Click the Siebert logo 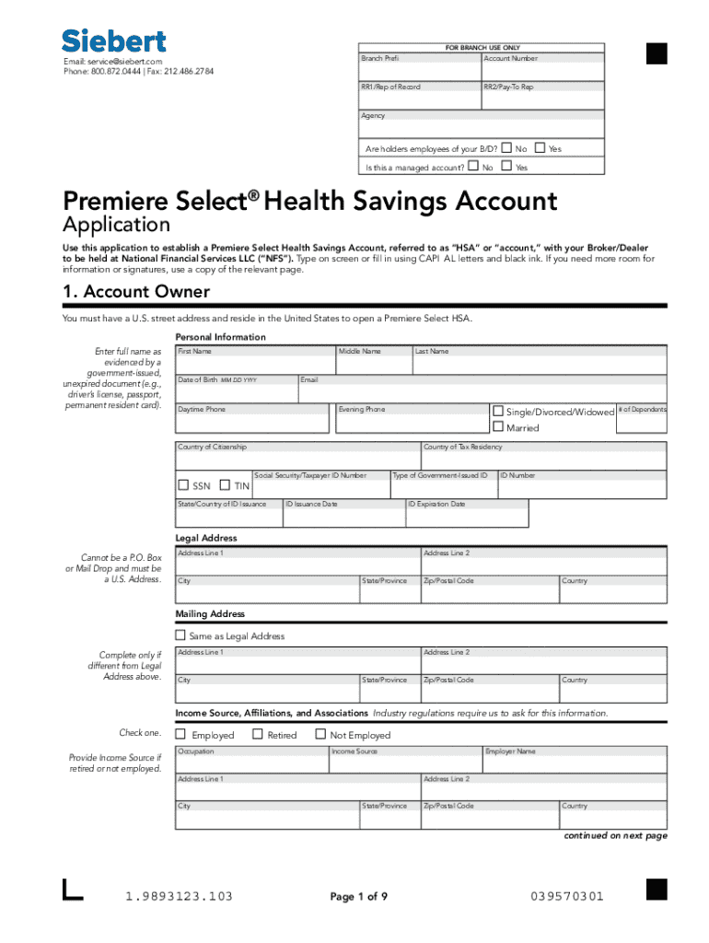click(x=114, y=41)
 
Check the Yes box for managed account click(x=507, y=167)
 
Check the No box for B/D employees click(x=506, y=147)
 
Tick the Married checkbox click(x=498, y=427)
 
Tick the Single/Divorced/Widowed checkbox click(x=498, y=411)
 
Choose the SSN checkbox click(x=183, y=485)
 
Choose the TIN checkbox click(x=226, y=485)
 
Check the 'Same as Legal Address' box click(x=180, y=635)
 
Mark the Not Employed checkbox click(x=320, y=734)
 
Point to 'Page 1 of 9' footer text click(x=358, y=896)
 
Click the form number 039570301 click(x=567, y=896)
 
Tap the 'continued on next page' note click(x=615, y=835)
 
